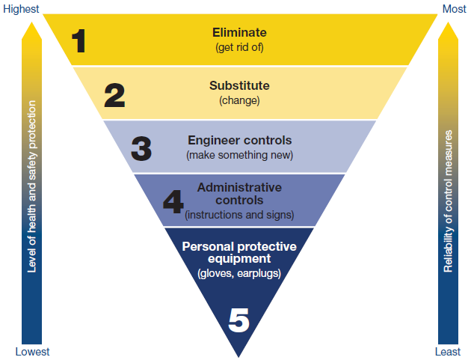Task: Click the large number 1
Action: (x=79, y=41)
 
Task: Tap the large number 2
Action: (x=114, y=95)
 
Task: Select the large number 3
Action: (x=141, y=148)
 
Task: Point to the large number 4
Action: (x=173, y=201)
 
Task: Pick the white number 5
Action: (x=238, y=320)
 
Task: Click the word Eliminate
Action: (x=239, y=32)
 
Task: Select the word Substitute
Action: (x=239, y=85)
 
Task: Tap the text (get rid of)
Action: (x=239, y=47)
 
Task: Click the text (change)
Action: (x=239, y=100)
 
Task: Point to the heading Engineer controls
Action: (x=240, y=141)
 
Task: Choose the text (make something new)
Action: (x=240, y=155)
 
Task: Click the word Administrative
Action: (x=239, y=187)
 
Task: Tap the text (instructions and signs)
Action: (x=239, y=215)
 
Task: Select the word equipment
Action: (x=239, y=259)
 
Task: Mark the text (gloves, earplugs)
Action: (x=239, y=273)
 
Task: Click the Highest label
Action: (x=21, y=9)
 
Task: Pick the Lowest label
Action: (x=32, y=352)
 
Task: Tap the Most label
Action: (x=455, y=9)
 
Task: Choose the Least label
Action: (x=448, y=352)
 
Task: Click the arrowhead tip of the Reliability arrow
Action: (x=448, y=22)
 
